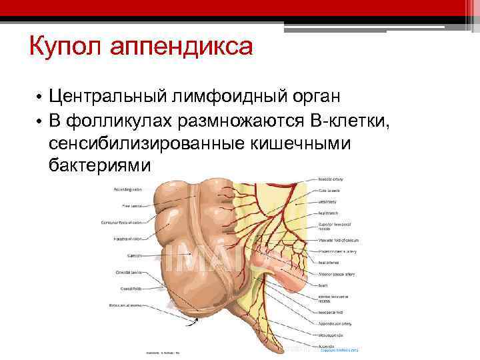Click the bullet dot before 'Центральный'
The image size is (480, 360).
(40, 97)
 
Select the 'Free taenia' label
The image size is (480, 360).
(129, 205)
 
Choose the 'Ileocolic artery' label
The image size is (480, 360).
(331, 180)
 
